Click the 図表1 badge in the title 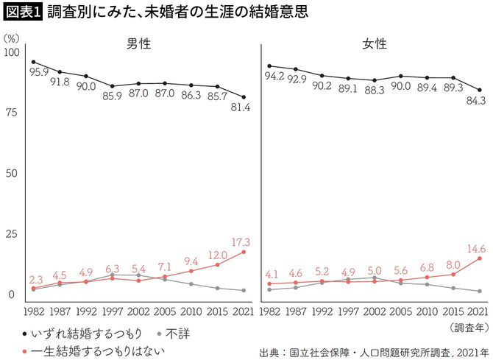tap(21, 13)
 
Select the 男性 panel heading tap(138, 43)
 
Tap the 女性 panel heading tap(374, 43)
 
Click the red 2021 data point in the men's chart tap(244, 252)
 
